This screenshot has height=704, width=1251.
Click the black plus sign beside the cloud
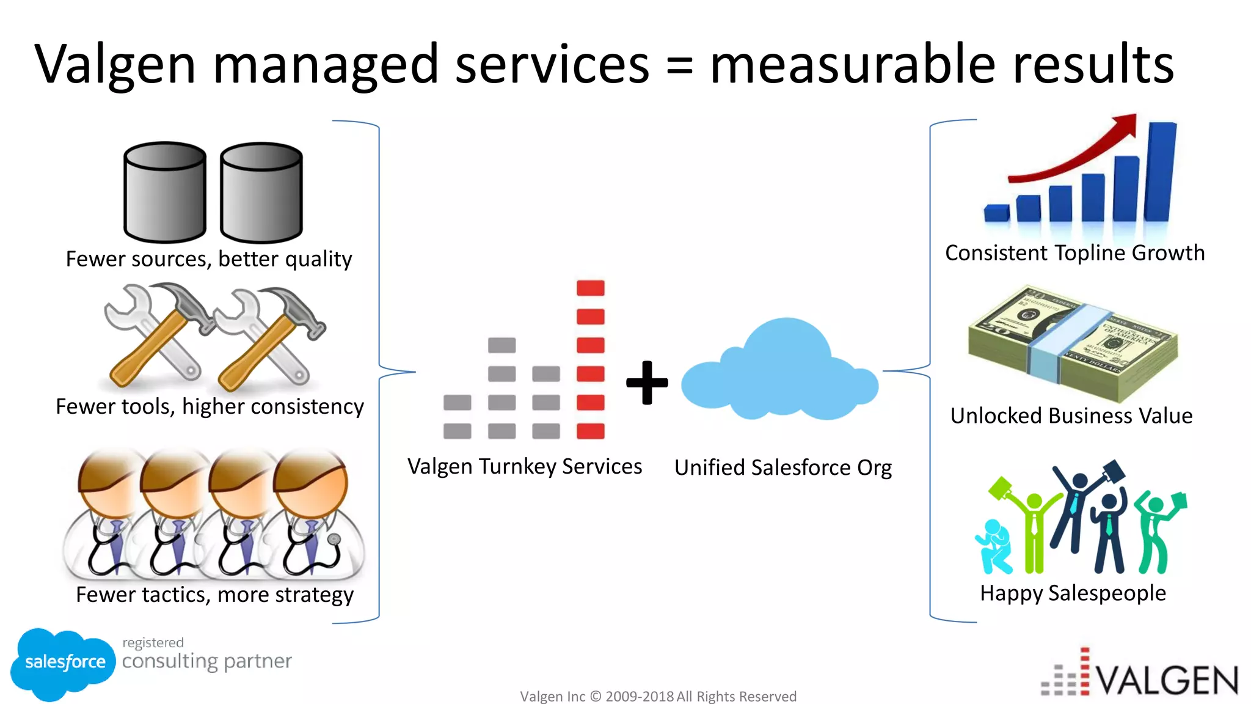pos(647,383)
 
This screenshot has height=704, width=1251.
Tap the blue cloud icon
pos(780,373)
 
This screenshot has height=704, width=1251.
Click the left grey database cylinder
pos(165,192)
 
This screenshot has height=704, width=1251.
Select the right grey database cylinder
pos(261,192)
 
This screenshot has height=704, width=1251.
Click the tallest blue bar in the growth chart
pos(1161,172)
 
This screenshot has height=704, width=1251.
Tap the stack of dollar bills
pos(1073,344)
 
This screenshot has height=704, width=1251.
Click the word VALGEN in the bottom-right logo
pos(1167,680)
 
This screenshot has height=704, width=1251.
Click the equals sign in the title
pos(679,66)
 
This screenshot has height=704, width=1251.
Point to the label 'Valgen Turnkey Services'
pos(525,467)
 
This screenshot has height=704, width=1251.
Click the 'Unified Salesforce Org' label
pos(782,468)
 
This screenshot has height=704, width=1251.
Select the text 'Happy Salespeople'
pos(1073,593)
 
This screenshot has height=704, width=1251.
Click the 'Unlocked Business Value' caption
pos(1071,416)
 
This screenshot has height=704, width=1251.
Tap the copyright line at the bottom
pos(658,696)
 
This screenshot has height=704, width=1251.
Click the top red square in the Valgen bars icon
pos(591,288)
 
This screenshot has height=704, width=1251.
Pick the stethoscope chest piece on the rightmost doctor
pos(334,540)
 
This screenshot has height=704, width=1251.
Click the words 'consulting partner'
pos(207,661)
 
